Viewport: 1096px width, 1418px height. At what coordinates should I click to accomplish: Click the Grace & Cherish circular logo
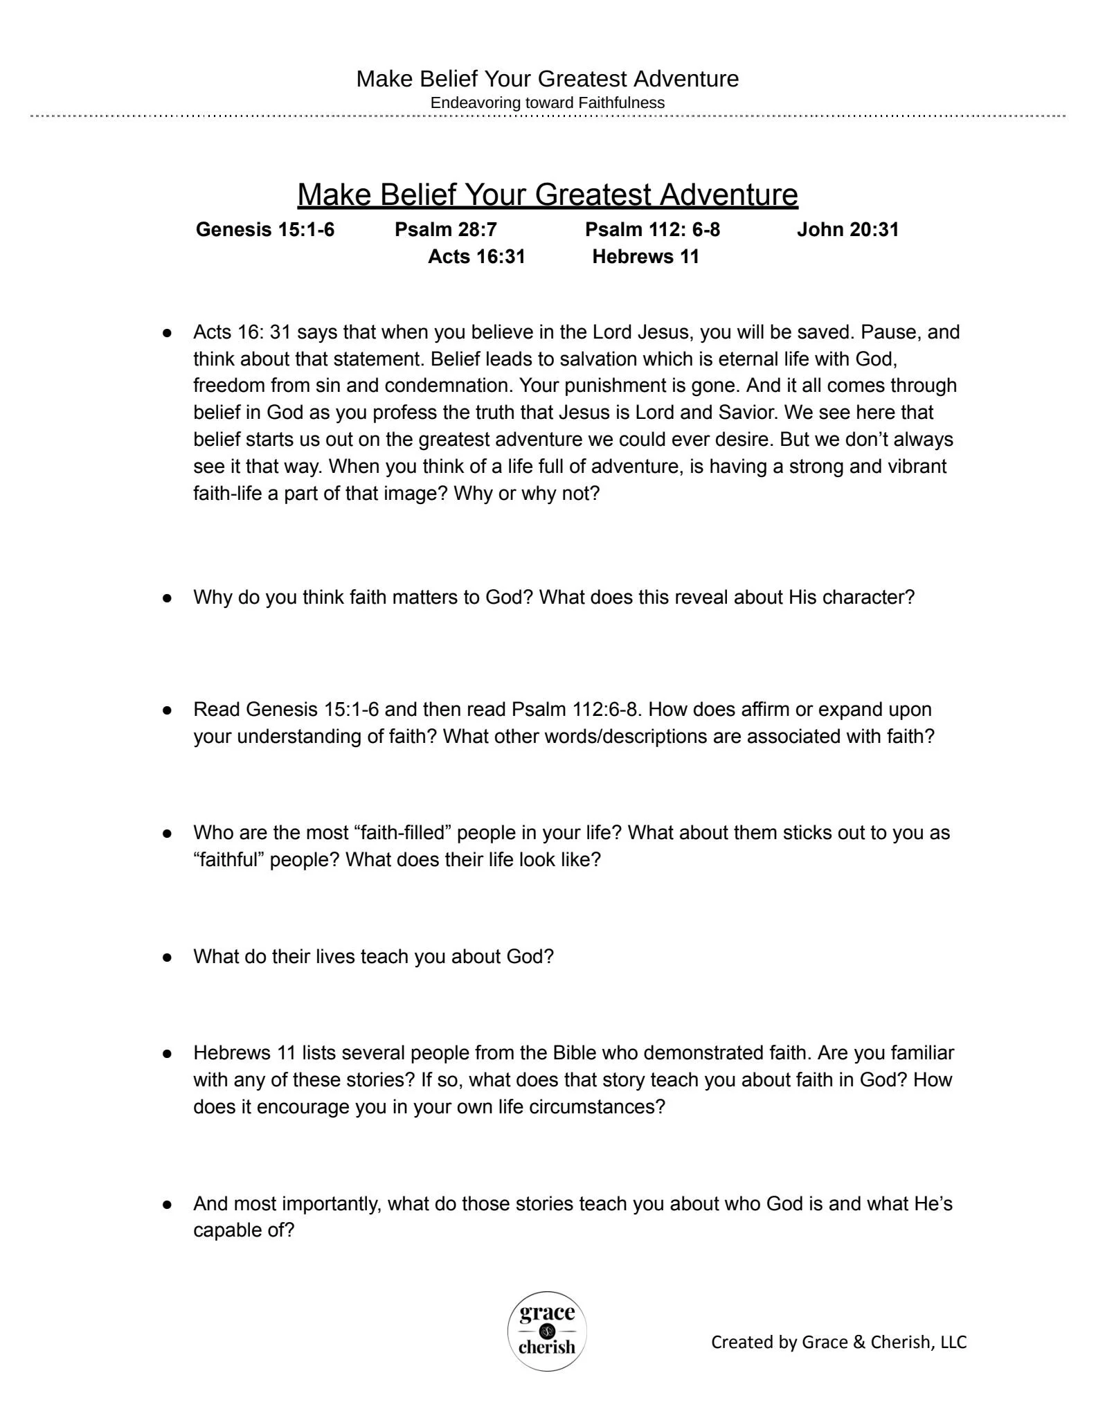coord(547,1331)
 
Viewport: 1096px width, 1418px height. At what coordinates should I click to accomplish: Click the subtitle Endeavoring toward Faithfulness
coord(547,102)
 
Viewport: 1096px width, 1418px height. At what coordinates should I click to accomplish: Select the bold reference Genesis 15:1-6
coord(264,229)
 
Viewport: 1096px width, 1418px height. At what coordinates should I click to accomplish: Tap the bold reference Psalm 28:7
coord(445,229)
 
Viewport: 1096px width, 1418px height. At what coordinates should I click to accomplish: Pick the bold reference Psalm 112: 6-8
coord(652,229)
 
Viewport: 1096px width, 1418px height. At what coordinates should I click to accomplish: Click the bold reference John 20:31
coord(847,229)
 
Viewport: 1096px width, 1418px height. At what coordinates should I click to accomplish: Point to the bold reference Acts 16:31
coord(476,256)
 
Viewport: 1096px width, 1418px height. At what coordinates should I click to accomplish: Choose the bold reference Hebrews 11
coord(645,256)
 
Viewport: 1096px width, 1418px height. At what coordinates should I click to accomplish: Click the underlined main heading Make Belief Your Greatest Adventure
coord(547,195)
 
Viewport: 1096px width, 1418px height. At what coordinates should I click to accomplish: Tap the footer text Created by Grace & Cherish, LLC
coord(838,1342)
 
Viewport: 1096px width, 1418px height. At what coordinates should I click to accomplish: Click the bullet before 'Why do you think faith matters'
coord(167,598)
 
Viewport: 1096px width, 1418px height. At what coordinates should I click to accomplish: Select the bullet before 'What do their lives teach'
coord(167,957)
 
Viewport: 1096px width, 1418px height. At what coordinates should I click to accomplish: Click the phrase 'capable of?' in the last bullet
coord(244,1230)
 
